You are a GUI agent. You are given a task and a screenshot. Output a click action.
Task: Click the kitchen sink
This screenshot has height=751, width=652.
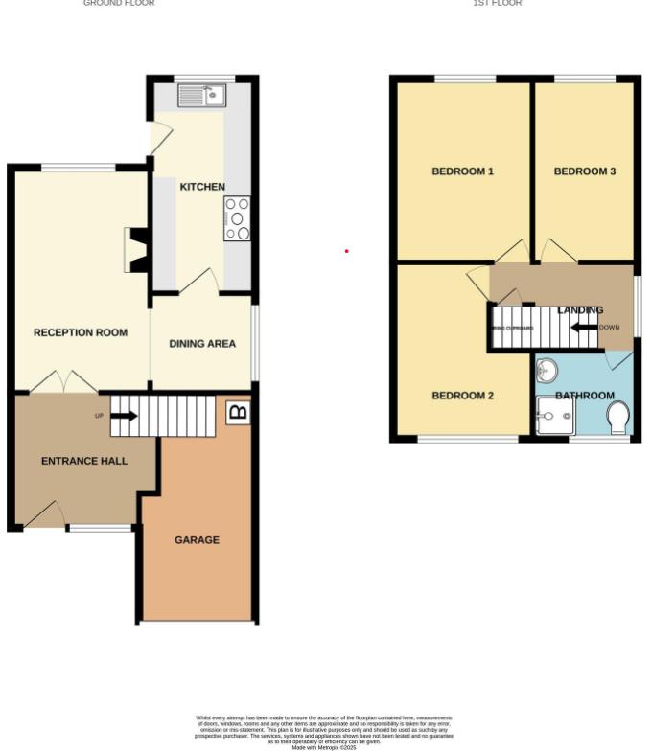point(201,95)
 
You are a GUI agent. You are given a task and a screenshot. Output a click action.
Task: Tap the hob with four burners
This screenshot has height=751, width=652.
point(237,218)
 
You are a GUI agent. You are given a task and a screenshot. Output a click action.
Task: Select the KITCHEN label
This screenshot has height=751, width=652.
point(202,187)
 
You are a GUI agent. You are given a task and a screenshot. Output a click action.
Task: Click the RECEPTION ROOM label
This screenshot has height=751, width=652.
point(81,333)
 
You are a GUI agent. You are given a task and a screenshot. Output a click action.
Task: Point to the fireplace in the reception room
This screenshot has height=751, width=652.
point(136,251)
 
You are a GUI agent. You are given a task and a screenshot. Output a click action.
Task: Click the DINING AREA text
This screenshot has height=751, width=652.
point(202,344)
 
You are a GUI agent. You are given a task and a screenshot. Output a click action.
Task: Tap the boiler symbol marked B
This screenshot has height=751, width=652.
point(237,413)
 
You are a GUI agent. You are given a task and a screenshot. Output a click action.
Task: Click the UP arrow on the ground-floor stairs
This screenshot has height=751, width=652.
point(124,416)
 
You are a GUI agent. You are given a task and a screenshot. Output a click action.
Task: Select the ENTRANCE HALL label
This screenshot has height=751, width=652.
point(84,461)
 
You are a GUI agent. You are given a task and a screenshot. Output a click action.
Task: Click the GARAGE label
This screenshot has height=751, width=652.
point(197,540)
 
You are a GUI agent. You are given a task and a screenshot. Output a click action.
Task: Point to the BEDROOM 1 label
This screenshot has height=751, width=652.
point(462,171)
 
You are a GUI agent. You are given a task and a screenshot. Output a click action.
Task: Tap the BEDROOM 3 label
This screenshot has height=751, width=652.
point(585,171)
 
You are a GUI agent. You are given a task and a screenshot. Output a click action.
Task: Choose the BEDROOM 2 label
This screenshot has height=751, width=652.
point(462,396)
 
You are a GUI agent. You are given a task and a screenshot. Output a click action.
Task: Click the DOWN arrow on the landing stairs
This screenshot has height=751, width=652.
point(584,327)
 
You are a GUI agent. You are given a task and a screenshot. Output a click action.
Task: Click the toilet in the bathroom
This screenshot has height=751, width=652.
point(618,417)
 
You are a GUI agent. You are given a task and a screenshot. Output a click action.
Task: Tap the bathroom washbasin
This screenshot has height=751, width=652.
point(547,370)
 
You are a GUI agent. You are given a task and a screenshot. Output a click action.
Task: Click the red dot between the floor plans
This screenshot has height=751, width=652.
point(346,251)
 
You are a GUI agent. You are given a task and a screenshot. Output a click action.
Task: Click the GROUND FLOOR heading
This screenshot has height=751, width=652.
point(119,3)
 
